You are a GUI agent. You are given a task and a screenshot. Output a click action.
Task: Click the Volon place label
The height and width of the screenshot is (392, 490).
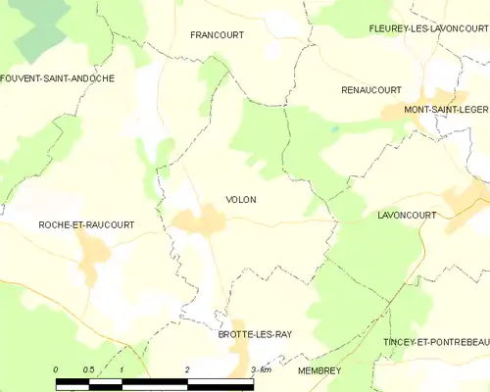pyautogui.click(x=240, y=200)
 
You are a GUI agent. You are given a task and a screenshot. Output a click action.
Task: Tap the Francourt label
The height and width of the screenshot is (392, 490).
pyautogui.click(x=217, y=34)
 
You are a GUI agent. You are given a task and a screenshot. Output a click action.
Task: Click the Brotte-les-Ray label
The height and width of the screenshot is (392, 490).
pyautogui.click(x=255, y=334)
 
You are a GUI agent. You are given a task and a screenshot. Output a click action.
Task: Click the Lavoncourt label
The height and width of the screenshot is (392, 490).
pyautogui.click(x=407, y=214)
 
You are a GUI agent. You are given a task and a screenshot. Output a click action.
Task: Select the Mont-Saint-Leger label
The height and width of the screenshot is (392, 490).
pyautogui.click(x=446, y=109)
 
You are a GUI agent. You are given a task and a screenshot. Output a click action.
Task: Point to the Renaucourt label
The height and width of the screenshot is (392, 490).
pyautogui.click(x=371, y=89)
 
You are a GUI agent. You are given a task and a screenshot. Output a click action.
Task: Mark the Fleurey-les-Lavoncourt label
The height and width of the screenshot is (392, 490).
pyautogui.click(x=428, y=29)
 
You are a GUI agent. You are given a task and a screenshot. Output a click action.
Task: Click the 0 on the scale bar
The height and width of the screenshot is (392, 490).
pyautogui.click(x=57, y=369)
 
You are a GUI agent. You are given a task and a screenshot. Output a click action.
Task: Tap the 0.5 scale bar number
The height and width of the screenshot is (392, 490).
pyautogui.click(x=88, y=369)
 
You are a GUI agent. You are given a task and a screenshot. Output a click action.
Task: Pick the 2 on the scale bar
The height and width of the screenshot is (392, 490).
pyautogui.click(x=186, y=369)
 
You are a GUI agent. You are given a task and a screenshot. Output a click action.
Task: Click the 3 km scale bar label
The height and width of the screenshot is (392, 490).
pyautogui.click(x=260, y=369)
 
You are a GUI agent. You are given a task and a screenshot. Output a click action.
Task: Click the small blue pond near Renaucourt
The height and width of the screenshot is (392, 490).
pyautogui.click(x=334, y=128)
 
